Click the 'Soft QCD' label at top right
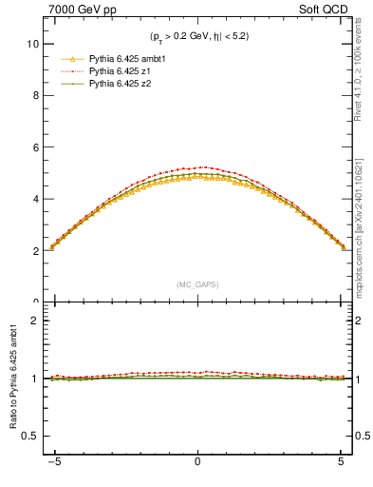(325, 10)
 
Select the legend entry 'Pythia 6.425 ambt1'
(126, 59)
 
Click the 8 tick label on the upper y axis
(34, 96)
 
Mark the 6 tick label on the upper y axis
(34, 147)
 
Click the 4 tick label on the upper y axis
(34, 200)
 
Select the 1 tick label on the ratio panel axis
(34, 379)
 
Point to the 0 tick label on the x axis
(196, 471)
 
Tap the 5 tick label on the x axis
(341, 471)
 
